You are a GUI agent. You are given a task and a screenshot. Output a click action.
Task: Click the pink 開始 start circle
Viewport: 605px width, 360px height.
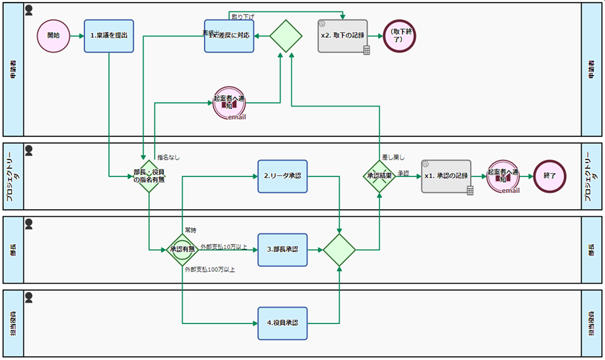pos(53,36)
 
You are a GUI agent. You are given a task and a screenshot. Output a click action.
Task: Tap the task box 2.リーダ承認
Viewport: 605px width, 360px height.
pos(282,176)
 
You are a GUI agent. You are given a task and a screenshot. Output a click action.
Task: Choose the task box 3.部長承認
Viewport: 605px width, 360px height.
pos(282,250)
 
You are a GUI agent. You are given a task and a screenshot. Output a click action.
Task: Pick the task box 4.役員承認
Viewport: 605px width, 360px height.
pos(282,323)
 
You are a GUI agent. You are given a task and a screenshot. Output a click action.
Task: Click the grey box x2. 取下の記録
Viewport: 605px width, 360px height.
pos(343,36)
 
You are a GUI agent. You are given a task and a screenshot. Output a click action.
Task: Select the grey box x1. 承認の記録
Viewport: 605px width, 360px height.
pos(446,176)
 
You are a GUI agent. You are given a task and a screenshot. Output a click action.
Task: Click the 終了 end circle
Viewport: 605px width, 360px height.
pos(549,176)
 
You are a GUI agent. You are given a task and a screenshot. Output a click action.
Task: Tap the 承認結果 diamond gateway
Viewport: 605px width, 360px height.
pos(380,176)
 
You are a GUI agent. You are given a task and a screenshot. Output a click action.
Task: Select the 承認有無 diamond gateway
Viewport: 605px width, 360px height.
pos(182,250)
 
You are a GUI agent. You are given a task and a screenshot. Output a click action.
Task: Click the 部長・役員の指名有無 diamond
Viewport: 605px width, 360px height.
pos(149,176)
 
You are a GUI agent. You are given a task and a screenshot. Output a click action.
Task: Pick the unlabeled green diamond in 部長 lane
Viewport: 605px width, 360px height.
pos(340,250)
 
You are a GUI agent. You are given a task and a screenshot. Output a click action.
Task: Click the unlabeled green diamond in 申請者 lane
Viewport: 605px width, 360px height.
pos(287,36)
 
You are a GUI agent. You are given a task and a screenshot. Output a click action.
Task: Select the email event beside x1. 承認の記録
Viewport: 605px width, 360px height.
pos(503,176)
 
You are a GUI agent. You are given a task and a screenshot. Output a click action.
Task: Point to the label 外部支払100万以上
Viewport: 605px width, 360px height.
pos(210,270)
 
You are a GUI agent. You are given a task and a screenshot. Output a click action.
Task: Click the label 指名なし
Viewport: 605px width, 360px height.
pos(168,158)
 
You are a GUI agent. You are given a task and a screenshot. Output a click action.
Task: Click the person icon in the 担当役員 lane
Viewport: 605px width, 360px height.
pos(28,296)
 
